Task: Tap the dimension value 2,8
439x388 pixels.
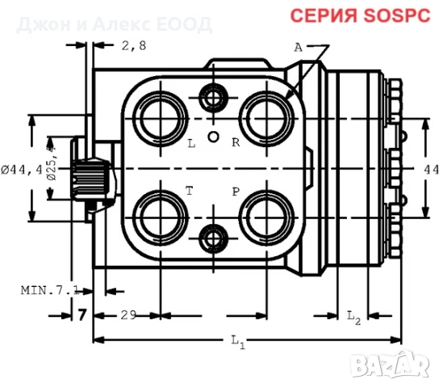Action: [134, 46]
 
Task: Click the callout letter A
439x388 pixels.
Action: [298, 48]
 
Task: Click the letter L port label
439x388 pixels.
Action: [191, 144]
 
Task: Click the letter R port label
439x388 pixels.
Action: [236, 144]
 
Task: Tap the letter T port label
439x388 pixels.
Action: [190, 192]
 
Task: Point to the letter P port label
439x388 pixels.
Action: [236, 192]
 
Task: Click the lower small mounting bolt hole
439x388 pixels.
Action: [214, 238]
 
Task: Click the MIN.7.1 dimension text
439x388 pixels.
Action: [49, 289]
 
